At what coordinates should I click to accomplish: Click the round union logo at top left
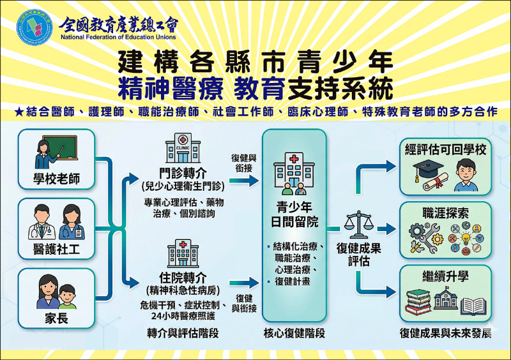click(x=34, y=27)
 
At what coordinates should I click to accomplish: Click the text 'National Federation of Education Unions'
click(x=118, y=37)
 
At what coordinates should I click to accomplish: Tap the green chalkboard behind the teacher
click(x=61, y=147)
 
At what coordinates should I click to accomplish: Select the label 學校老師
click(x=56, y=179)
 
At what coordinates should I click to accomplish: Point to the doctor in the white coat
click(x=42, y=222)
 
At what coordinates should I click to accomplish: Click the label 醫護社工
click(x=56, y=249)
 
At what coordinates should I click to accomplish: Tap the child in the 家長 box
click(x=67, y=296)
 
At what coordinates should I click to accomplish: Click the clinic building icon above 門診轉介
click(x=183, y=148)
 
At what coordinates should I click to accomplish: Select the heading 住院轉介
click(x=183, y=277)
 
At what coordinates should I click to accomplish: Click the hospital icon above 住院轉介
click(x=183, y=253)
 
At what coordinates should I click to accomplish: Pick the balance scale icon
click(x=359, y=225)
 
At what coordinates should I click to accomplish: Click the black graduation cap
click(x=427, y=169)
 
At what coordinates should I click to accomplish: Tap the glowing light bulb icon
click(x=466, y=238)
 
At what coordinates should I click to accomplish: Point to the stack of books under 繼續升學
click(x=418, y=302)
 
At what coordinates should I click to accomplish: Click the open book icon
click(x=473, y=306)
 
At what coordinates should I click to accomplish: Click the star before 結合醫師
click(x=19, y=112)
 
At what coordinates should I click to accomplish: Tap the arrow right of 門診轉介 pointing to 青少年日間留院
click(x=244, y=180)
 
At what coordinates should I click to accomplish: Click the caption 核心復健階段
click(x=294, y=333)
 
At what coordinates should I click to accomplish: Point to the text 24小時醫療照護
click(x=183, y=316)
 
